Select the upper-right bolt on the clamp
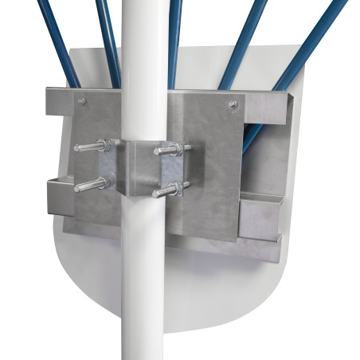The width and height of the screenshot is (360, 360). tap(171, 148)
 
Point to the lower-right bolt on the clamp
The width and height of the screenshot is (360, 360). tap(171, 189)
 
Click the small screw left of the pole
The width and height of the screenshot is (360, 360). tap(82, 100)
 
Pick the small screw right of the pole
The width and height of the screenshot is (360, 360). tap(232, 104)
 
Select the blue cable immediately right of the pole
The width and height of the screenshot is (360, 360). tap(174, 40)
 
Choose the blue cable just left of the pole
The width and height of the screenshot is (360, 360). tap(108, 40)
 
